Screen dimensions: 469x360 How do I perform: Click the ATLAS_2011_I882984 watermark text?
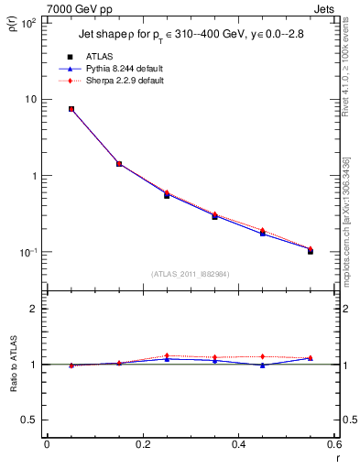(x=191, y=274)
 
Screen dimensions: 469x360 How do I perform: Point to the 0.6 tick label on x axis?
(x=334, y=443)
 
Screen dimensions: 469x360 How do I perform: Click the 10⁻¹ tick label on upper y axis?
(x=27, y=252)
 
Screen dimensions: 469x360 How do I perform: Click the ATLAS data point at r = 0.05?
(x=71, y=109)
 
